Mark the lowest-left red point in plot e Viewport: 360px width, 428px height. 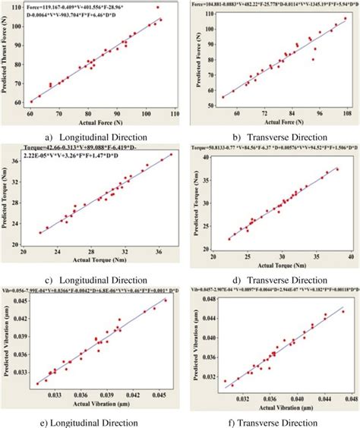pos(36,384)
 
